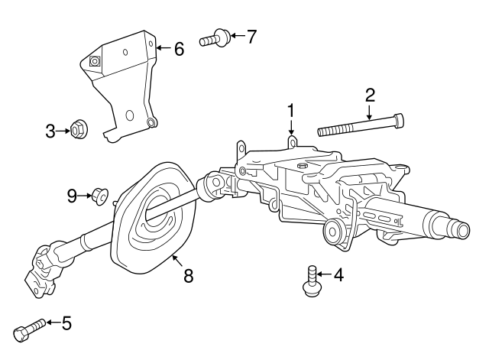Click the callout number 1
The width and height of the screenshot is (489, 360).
coord(290,112)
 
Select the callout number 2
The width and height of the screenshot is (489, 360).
coord(370,96)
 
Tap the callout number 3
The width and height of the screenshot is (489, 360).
coord(50,131)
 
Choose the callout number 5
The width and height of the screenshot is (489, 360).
coord(66,323)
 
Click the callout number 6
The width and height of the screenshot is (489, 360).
coord(179,49)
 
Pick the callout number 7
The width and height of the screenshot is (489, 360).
coord(251,36)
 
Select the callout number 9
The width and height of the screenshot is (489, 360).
coord(72,196)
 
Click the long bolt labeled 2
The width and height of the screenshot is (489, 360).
coord(359,126)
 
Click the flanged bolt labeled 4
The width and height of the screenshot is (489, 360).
coord(311,280)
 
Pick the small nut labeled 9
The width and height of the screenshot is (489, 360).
coord(99,196)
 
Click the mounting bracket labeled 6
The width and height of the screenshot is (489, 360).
coord(126,84)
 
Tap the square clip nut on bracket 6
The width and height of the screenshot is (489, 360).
coord(95,62)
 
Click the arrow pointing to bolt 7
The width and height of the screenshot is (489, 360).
coord(235,36)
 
